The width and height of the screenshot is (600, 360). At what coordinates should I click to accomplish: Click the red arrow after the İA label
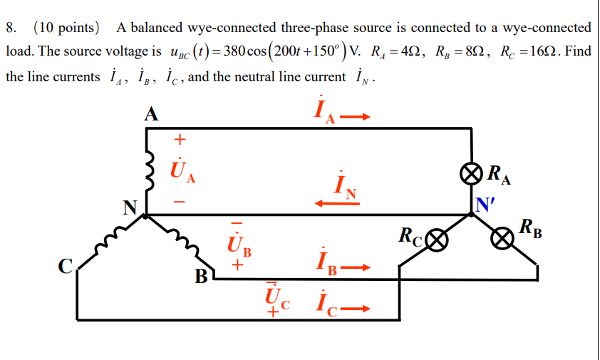tap(358, 117)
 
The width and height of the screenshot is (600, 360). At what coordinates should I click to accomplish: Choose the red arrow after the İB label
tap(358, 269)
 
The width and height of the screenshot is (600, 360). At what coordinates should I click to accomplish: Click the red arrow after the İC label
tap(358, 309)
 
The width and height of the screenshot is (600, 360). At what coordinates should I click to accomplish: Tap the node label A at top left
tap(150, 113)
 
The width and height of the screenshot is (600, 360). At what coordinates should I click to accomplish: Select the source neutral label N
tap(130, 208)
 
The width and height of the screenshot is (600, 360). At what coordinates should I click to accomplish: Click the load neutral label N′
tap(486, 205)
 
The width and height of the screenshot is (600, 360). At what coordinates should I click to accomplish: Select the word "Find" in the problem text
tap(577, 53)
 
